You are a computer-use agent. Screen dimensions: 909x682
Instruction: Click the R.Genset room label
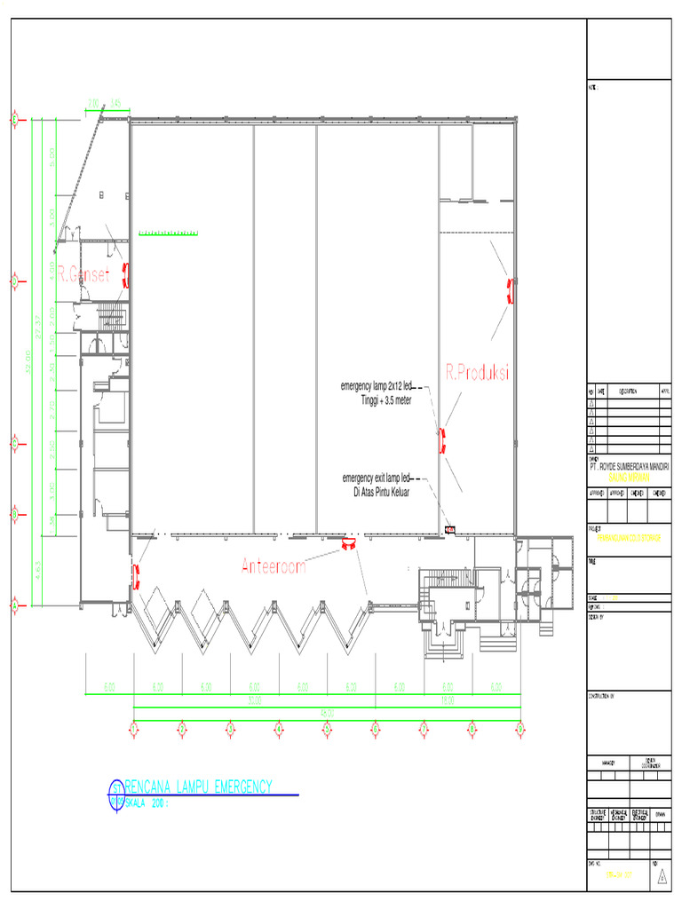pos(83,276)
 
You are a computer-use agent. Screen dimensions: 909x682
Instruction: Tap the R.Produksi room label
pos(477,372)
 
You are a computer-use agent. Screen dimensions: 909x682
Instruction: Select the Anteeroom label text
pos(274,566)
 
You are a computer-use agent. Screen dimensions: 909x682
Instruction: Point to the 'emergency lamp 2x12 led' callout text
pos(377,387)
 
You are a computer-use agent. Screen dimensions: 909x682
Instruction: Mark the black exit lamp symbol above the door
pos(449,530)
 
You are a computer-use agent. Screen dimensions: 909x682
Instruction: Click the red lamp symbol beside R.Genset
pos(127,275)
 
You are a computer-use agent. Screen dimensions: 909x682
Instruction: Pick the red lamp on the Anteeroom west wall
pos(136,577)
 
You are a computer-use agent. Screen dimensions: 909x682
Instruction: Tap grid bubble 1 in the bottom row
pos(134,729)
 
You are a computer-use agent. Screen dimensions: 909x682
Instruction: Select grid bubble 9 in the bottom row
pos(519,729)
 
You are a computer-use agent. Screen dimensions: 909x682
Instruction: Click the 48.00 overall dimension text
pos(327,712)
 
